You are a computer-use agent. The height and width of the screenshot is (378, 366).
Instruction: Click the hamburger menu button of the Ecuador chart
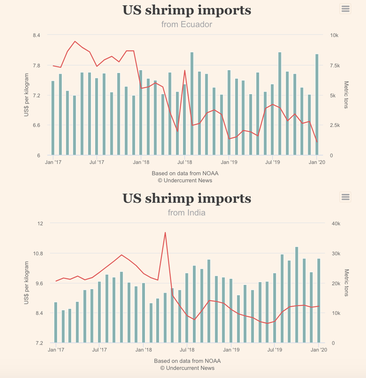pos(346,9)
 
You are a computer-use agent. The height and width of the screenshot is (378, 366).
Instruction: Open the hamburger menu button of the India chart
pos(346,197)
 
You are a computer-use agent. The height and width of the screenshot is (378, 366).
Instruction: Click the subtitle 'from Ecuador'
pos(187,24)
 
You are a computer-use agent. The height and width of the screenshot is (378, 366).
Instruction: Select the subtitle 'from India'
pos(187,213)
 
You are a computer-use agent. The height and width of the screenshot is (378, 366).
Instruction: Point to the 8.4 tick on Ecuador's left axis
pos(36,35)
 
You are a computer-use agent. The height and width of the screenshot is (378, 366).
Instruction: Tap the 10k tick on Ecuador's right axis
pos(334,35)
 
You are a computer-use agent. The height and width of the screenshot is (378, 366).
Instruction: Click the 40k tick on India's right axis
pos(335,224)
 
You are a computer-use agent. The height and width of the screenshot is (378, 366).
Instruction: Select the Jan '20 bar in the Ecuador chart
pos(317,104)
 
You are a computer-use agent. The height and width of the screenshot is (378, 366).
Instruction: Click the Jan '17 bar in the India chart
pos(56,322)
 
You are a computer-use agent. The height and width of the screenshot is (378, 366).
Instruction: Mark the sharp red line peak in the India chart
pos(165,232)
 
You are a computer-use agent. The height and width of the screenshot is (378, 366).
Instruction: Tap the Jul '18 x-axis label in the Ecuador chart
pos(184,163)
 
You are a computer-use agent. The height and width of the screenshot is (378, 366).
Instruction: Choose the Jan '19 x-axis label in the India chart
pos(231,350)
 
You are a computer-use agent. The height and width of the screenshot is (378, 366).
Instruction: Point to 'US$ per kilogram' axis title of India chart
pos(26,283)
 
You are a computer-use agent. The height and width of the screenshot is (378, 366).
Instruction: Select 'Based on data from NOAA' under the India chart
pos(187,361)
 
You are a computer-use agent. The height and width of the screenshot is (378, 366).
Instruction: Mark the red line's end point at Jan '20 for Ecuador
pos(317,142)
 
